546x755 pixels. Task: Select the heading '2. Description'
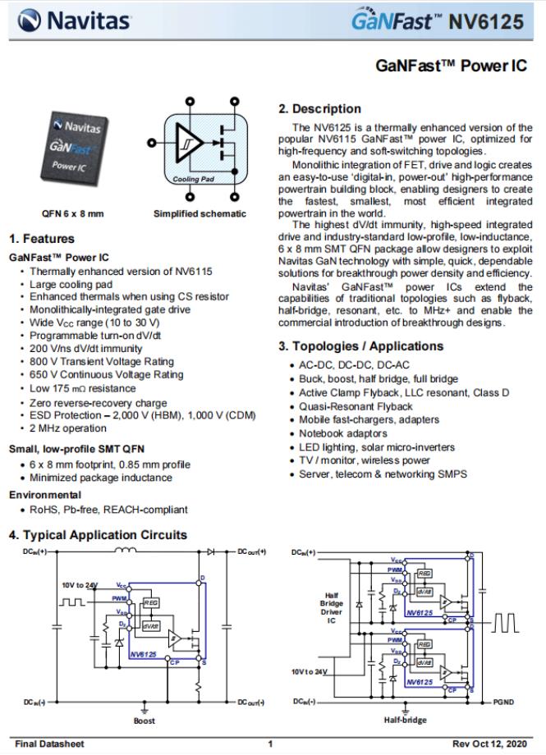pyautogui.click(x=319, y=108)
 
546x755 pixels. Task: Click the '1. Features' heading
pyautogui.click(x=41, y=239)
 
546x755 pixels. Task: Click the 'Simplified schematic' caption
pyautogui.click(x=200, y=213)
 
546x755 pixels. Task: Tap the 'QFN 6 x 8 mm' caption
pyautogui.click(x=72, y=213)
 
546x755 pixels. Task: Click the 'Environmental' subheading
pyautogui.click(x=45, y=495)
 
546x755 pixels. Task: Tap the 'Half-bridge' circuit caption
pyautogui.click(x=406, y=721)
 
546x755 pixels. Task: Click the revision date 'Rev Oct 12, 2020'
pyautogui.click(x=491, y=744)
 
